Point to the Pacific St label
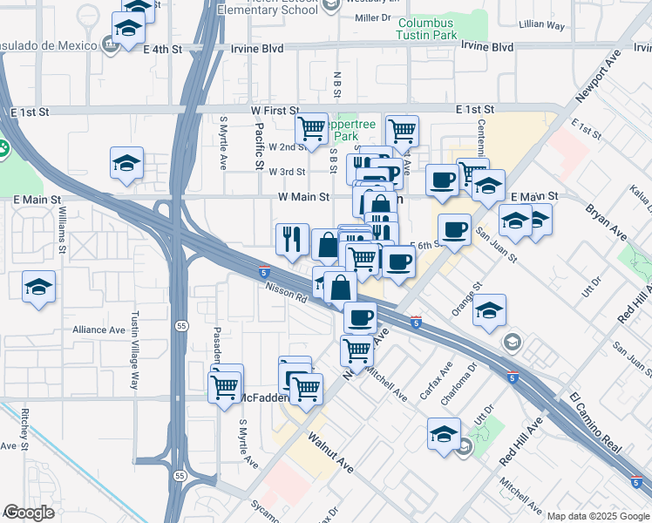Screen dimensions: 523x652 pos(259,146)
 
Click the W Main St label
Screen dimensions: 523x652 pos(303,198)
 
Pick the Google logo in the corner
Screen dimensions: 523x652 pos(29,513)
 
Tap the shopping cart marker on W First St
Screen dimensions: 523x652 pos(311,130)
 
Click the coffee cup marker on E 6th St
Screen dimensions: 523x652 pos(453,230)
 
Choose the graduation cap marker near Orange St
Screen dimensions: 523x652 pos(490,309)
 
